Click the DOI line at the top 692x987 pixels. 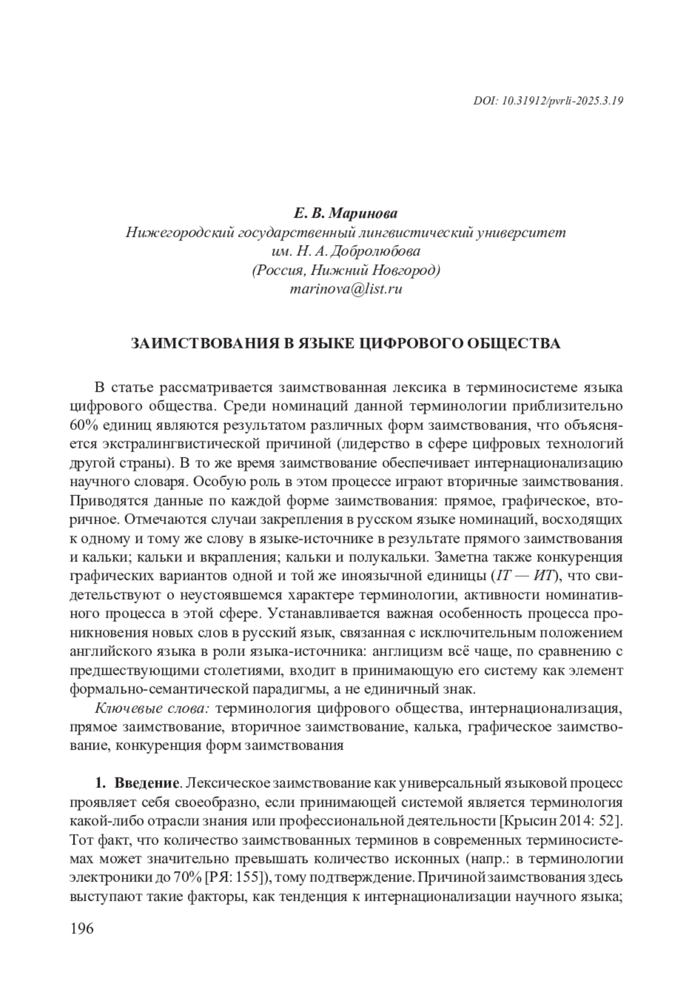[548, 100]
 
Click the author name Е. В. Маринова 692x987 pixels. [346, 214]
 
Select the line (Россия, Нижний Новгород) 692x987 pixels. [346, 270]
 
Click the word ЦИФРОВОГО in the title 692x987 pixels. [408, 343]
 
